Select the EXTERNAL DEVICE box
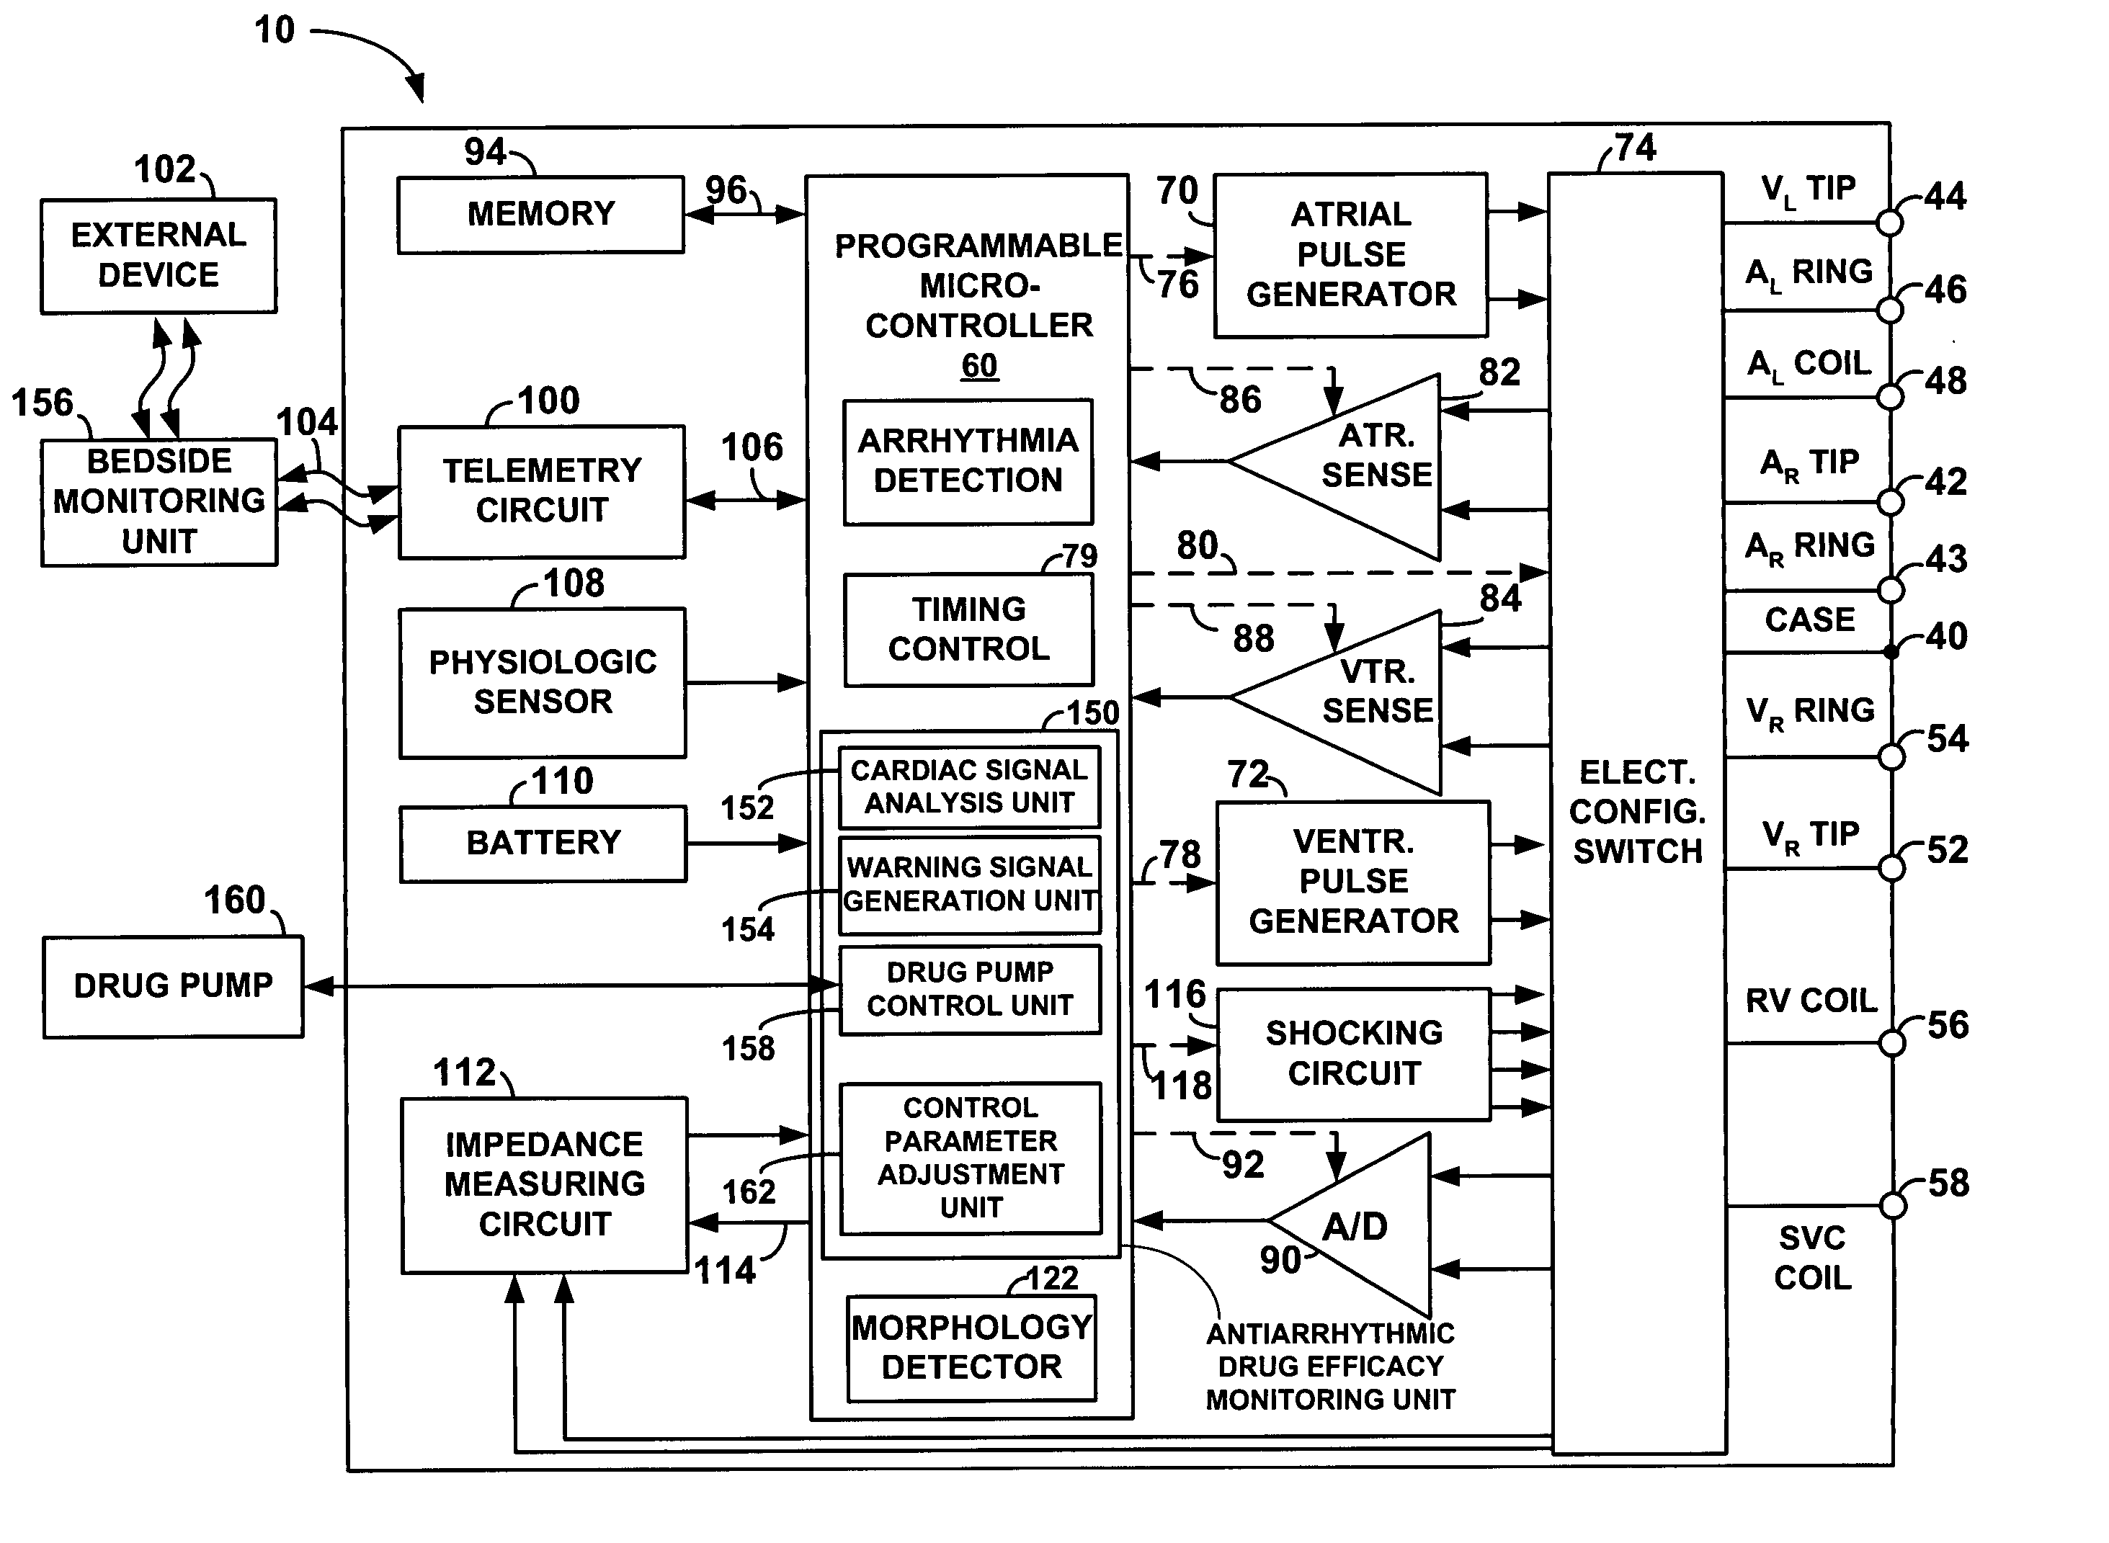click(x=158, y=255)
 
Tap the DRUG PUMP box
click(x=173, y=986)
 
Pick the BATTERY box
click(x=543, y=844)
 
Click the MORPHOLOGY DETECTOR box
click(x=971, y=1348)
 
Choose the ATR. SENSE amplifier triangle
click(x=1355, y=462)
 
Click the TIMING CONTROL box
click(x=968, y=630)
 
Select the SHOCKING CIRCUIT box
click(x=1353, y=1054)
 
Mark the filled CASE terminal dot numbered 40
click(x=1891, y=652)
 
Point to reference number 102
click(x=164, y=170)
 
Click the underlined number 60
click(x=979, y=365)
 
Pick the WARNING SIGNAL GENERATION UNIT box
click(x=970, y=885)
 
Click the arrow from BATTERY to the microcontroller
click(x=746, y=844)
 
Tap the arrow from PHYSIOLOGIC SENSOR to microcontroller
click(x=746, y=683)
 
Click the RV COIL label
click(x=1810, y=1001)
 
